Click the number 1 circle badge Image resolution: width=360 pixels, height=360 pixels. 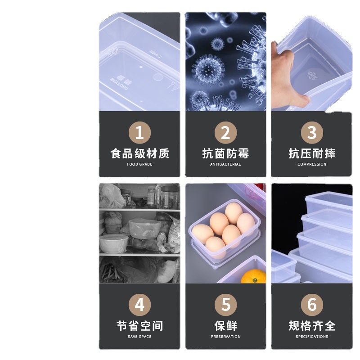click(x=139, y=133)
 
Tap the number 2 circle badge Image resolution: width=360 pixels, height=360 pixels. click(x=226, y=133)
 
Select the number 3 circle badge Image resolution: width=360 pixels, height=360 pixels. click(x=312, y=133)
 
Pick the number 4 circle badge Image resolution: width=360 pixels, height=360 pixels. click(x=139, y=305)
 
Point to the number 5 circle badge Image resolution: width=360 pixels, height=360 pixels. click(x=226, y=305)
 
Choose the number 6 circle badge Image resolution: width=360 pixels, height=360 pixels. click(x=312, y=305)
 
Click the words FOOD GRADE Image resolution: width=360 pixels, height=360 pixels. click(x=139, y=164)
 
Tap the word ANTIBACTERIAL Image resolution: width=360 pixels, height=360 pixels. click(x=225, y=164)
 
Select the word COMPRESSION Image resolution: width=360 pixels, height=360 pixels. click(x=312, y=164)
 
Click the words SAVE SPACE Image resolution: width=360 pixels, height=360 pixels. click(x=139, y=337)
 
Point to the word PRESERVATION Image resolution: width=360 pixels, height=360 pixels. click(x=226, y=337)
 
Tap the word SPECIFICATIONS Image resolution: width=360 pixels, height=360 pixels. click(x=312, y=337)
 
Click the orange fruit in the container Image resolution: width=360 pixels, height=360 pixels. click(x=254, y=276)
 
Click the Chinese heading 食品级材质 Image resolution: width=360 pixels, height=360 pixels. click(x=140, y=153)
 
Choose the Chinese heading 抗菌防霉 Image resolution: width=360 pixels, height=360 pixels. click(x=226, y=153)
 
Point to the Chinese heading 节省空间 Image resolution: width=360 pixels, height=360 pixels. click(x=140, y=326)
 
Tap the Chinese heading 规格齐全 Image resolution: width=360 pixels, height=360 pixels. click(x=312, y=326)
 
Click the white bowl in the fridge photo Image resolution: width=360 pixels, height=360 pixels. click(x=114, y=243)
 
